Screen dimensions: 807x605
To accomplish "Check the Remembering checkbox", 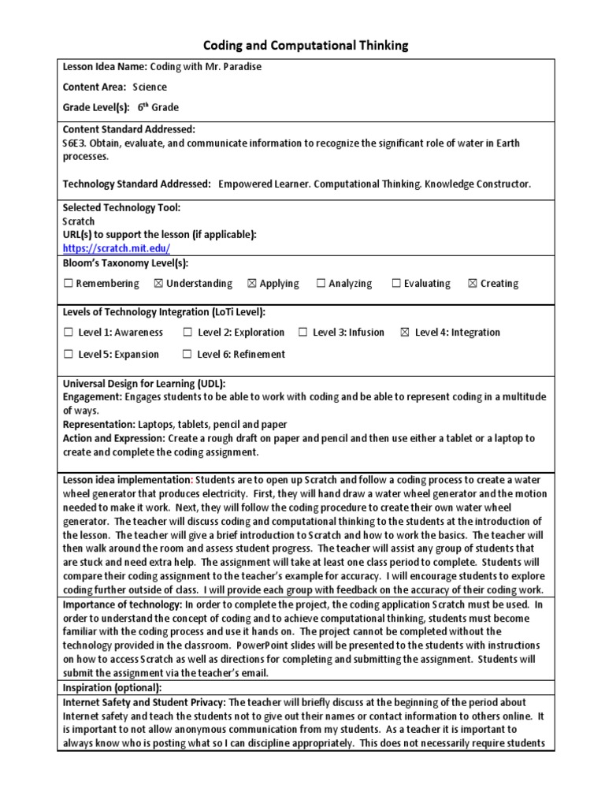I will (x=69, y=284).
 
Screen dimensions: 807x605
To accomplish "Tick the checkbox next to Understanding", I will (x=158, y=284).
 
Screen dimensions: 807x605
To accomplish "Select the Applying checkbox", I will (x=252, y=284).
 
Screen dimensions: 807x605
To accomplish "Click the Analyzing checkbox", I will (x=321, y=284).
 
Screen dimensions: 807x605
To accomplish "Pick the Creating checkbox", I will (x=473, y=284).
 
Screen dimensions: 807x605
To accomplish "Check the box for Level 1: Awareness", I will (x=69, y=333).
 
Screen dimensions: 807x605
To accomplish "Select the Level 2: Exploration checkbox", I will (x=187, y=333).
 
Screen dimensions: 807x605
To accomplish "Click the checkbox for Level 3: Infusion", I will (x=303, y=333).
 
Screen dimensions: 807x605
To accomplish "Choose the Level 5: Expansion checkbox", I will (x=69, y=355).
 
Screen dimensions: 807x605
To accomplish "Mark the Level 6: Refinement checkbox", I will (x=187, y=355).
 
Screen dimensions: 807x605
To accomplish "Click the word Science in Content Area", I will (x=150, y=87).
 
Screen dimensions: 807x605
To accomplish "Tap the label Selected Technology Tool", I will (x=121, y=208).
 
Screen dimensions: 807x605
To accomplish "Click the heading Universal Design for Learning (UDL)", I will (x=144, y=383).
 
